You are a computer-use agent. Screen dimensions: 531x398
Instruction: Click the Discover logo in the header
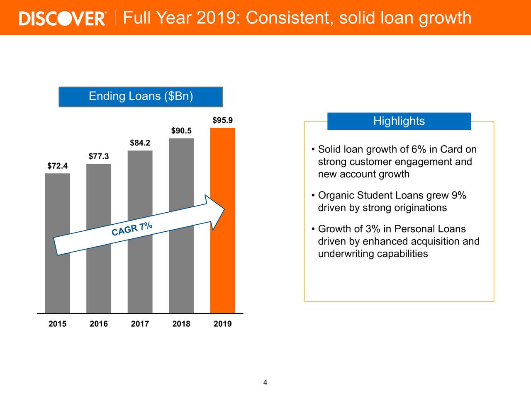(62, 18)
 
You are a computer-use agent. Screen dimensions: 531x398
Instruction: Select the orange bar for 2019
(222, 221)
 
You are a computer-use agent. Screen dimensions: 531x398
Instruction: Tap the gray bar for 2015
(57, 243)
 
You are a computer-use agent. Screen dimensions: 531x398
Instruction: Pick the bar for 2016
(99, 238)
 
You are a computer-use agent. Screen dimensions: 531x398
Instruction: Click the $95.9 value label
(222, 120)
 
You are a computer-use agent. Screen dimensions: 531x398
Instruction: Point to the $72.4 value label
(57, 166)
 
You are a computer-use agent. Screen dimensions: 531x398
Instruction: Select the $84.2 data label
(140, 143)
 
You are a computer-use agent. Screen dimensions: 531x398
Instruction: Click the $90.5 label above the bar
(181, 131)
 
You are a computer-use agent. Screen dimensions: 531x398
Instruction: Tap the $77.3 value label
(99, 156)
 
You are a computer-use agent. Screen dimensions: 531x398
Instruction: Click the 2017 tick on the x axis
(140, 324)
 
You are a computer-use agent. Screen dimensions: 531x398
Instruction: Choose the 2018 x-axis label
(181, 324)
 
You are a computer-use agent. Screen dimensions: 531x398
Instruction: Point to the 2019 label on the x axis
(222, 324)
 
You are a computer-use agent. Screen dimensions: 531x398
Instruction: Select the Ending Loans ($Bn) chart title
(141, 97)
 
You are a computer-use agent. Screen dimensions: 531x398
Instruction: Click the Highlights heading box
(399, 121)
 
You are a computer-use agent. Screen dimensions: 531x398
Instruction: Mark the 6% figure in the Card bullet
(419, 149)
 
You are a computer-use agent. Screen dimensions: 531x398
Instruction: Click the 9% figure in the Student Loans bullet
(459, 195)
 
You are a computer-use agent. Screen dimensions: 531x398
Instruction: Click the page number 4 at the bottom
(265, 383)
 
